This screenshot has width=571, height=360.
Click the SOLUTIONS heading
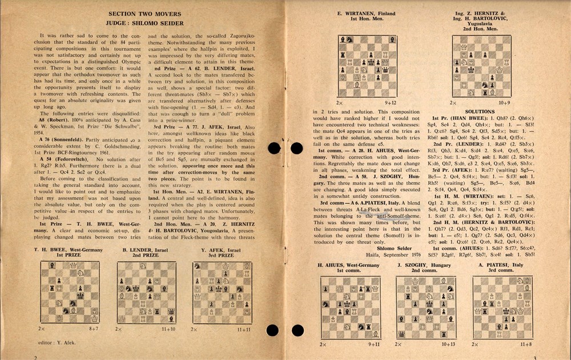coord(480,111)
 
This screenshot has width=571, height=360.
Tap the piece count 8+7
coord(94,329)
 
